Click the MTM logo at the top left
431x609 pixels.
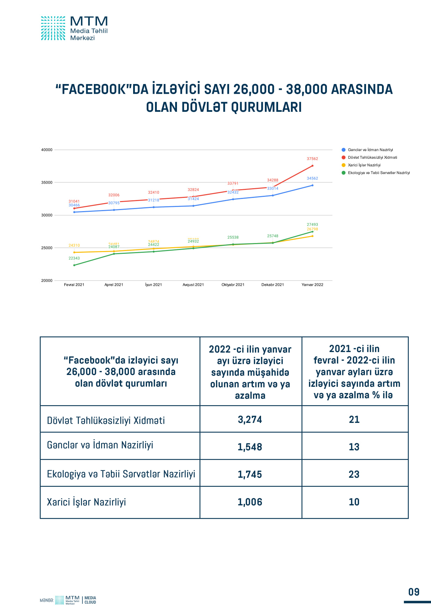tap(74, 28)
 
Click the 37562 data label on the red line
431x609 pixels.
tap(312, 159)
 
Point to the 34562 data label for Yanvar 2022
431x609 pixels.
tap(312, 178)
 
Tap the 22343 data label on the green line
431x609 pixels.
tap(74, 258)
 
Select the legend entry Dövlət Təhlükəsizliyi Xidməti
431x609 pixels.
tap(372, 158)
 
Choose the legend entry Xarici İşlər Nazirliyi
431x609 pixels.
tap(364, 165)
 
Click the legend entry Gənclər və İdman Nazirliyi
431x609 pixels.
tap(370, 150)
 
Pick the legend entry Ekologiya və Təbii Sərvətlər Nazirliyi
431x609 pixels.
tap(379, 173)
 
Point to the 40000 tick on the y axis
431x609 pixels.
tap(47, 150)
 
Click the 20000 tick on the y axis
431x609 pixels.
tap(47, 281)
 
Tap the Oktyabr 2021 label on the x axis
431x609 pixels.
tap(233, 285)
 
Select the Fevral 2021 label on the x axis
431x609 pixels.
tap(74, 285)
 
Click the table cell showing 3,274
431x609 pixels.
tap(250, 419)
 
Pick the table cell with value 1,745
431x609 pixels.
tap(250, 474)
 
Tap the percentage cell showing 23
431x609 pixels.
tap(354, 474)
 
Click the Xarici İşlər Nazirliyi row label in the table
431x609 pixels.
tap(86, 502)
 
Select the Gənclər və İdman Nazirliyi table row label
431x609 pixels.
tap(100, 445)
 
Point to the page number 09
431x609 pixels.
tap(414, 592)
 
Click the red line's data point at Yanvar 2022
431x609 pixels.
tap(312, 166)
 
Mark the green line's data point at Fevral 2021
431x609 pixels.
tap(74, 265)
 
